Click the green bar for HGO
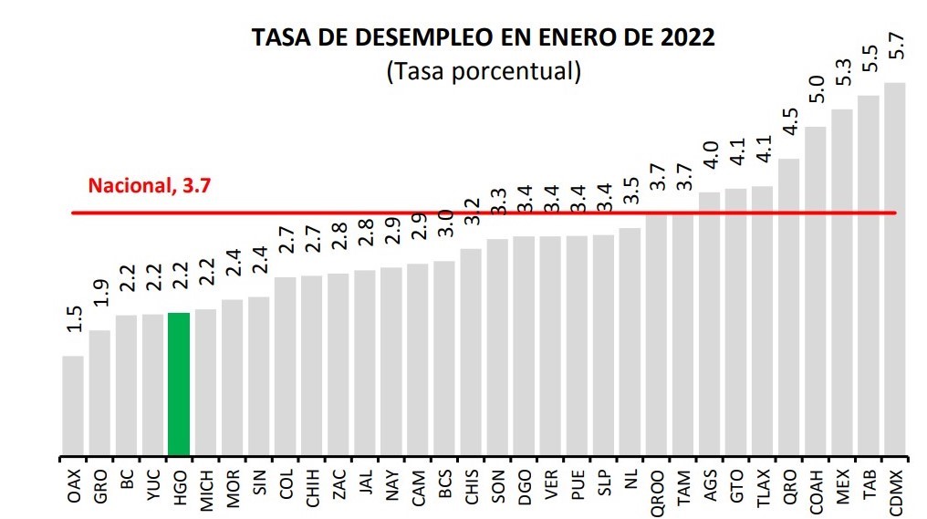click(179, 383)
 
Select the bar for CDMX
click(895, 269)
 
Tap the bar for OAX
click(73, 405)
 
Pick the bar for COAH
click(816, 290)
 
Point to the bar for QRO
click(789, 306)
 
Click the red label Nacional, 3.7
click(150, 186)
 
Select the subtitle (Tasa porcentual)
click(484, 71)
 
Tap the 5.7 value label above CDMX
click(896, 45)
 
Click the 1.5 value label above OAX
click(74, 319)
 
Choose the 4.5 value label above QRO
click(790, 122)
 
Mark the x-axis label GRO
click(99, 483)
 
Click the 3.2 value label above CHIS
click(472, 212)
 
